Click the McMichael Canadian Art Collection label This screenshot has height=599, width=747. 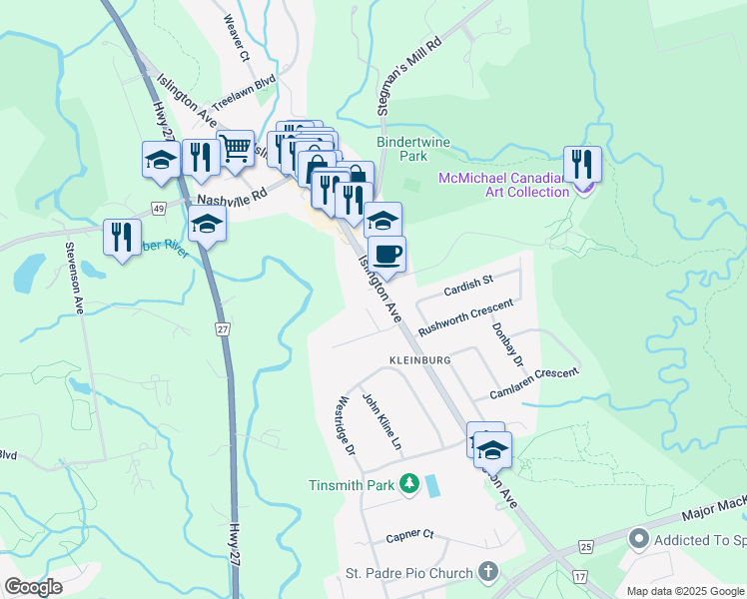504,185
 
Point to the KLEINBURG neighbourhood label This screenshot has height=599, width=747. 414,359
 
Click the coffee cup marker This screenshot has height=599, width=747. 386,254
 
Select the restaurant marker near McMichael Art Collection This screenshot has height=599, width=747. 581,164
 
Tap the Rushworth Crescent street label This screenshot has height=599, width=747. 465,314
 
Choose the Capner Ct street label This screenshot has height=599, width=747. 410,535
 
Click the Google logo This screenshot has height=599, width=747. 33,587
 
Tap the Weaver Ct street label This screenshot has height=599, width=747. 237,39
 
